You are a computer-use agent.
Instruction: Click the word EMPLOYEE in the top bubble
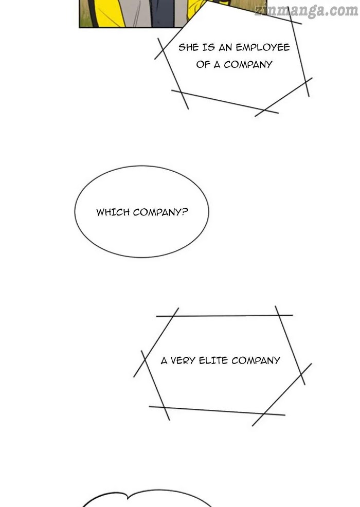point(263,48)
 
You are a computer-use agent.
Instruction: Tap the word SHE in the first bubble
point(188,48)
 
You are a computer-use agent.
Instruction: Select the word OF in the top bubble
point(203,65)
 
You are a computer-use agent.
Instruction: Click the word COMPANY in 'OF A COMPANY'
point(248,65)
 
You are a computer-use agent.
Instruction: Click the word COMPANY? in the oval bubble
point(160,212)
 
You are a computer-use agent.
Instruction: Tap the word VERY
point(183,360)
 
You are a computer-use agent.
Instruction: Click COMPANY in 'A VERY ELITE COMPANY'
point(256,360)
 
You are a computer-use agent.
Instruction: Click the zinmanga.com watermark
point(307,11)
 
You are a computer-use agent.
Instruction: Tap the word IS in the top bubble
point(209,48)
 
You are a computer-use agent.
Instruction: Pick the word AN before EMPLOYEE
point(225,48)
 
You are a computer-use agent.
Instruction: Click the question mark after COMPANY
point(185,212)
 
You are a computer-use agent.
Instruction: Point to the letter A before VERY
point(164,360)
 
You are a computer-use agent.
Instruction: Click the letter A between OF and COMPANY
point(217,65)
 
